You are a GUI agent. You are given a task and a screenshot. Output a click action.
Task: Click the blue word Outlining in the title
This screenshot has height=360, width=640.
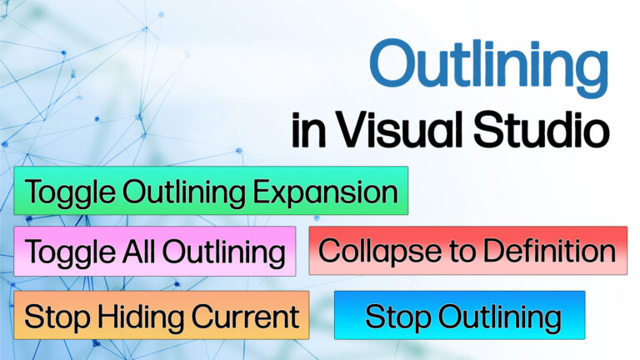[x=489, y=67]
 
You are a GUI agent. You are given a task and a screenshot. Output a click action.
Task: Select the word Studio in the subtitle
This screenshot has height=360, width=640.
[x=542, y=129]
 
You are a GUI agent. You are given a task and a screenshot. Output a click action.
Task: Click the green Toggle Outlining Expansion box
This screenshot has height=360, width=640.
[x=211, y=191]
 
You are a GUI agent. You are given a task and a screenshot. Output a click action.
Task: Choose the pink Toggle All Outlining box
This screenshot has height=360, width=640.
[x=155, y=251]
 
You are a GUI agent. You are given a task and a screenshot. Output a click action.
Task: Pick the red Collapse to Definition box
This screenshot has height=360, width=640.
[x=468, y=250]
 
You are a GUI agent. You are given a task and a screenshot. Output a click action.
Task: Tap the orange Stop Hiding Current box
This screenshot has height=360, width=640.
[x=162, y=315]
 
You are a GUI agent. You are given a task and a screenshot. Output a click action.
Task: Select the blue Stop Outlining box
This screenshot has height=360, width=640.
[x=460, y=315]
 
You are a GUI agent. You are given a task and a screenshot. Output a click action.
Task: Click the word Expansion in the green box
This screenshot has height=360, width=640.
[x=325, y=192]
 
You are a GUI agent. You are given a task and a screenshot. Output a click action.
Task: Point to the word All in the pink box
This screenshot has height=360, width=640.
[x=139, y=252]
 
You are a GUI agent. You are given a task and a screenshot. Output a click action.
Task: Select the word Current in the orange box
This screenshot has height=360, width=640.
[x=245, y=317]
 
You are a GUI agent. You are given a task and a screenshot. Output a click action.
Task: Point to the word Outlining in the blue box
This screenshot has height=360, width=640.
[x=500, y=317]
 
